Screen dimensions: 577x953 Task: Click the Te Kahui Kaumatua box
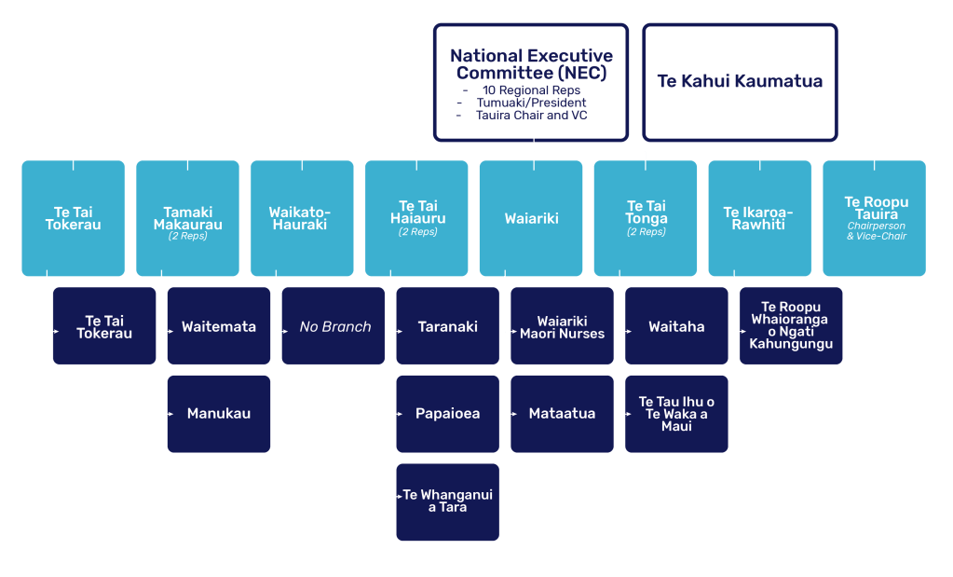point(740,81)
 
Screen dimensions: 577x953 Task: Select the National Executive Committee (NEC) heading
point(531,64)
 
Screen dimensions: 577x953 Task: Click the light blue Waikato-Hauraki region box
point(302,218)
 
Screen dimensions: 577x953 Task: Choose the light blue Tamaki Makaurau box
point(187,218)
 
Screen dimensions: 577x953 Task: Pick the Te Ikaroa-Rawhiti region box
point(759,218)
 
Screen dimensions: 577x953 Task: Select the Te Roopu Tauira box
point(874,218)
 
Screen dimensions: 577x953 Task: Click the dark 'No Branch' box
point(334,326)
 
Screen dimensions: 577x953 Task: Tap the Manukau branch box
point(219,413)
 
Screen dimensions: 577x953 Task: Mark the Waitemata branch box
point(219,326)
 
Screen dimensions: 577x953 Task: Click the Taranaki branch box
point(447,326)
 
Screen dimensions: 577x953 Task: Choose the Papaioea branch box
point(447,413)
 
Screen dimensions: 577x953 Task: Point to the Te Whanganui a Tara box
point(447,501)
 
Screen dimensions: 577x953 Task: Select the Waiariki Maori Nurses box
point(562,326)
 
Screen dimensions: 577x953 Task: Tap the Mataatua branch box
point(562,413)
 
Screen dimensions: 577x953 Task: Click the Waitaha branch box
point(676,326)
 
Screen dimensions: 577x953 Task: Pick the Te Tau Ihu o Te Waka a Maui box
point(676,413)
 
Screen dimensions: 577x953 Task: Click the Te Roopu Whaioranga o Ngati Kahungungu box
point(791,325)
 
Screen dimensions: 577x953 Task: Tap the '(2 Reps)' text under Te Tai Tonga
point(647,232)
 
